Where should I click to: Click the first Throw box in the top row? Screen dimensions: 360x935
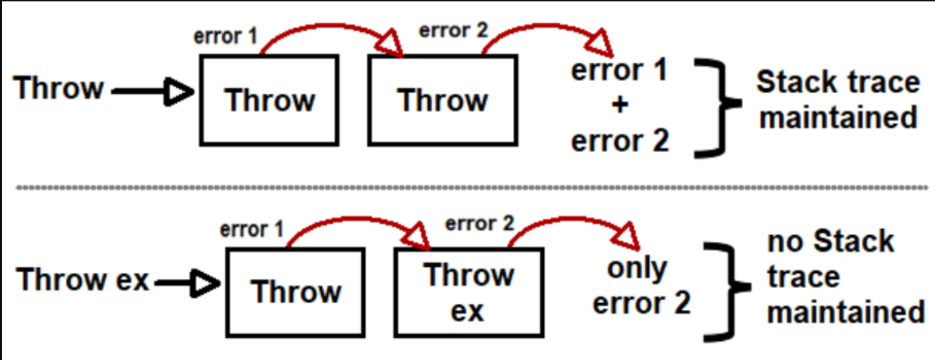pyautogui.click(x=269, y=100)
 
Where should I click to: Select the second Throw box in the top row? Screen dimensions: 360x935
pyautogui.click(x=442, y=100)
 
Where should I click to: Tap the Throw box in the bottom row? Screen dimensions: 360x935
pyautogui.click(x=296, y=291)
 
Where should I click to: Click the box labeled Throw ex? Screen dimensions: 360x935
pyautogui.click(x=469, y=291)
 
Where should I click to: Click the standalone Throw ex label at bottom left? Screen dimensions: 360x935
pyautogui.click(x=83, y=280)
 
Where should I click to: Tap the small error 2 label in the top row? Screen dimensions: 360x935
pyautogui.click(x=449, y=32)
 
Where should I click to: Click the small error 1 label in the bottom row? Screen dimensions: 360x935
pyautogui.click(x=252, y=229)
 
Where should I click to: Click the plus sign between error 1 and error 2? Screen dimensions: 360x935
pyautogui.click(x=619, y=106)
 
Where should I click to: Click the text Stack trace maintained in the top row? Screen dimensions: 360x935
pyautogui.click(x=838, y=100)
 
